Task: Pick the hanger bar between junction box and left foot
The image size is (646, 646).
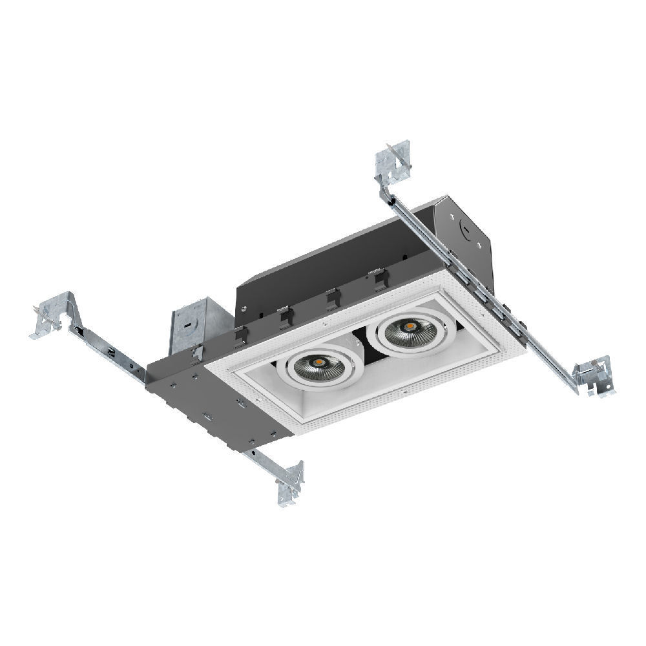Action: point(110,349)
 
